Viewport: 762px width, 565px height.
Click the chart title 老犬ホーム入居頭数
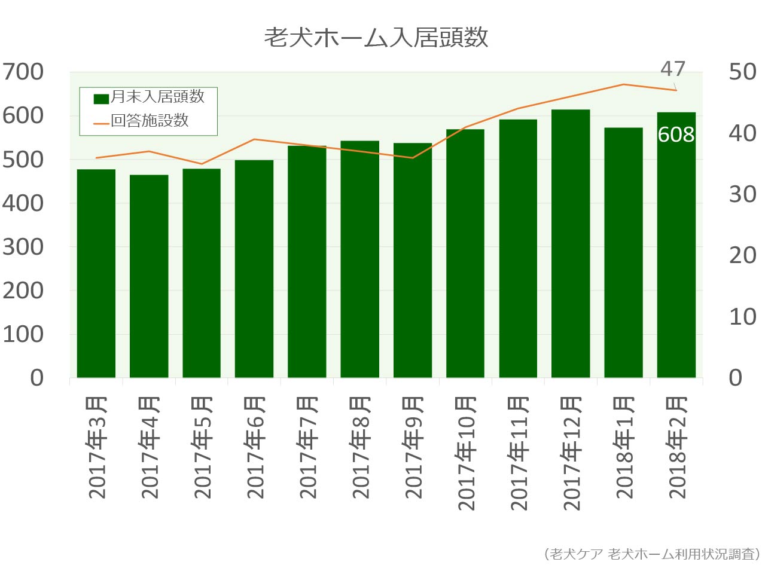click(376, 38)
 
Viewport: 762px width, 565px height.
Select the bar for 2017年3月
click(96, 273)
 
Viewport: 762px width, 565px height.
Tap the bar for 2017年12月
click(571, 243)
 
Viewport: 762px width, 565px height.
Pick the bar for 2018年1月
click(623, 252)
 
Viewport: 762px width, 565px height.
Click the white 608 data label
click(676, 135)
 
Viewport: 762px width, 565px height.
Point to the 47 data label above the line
click(673, 69)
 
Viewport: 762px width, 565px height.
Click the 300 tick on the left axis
click(23, 247)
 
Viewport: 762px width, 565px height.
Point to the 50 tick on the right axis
click(742, 72)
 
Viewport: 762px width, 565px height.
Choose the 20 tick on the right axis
click(742, 255)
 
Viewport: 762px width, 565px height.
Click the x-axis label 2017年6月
click(255, 448)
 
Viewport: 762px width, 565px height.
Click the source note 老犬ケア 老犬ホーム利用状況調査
click(652, 552)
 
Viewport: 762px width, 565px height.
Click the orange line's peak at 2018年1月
click(623, 84)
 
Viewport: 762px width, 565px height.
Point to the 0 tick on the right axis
click(742, 378)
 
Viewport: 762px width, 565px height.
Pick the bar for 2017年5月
click(202, 273)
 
